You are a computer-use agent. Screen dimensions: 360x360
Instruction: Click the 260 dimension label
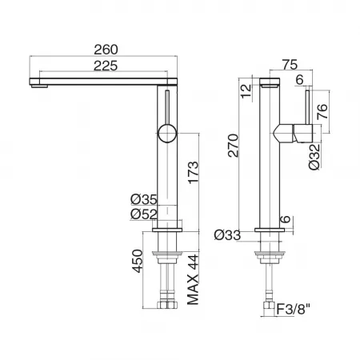pyautogui.click(x=106, y=50)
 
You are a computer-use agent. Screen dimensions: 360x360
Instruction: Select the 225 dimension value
pyautogui.click(x=106, y=66)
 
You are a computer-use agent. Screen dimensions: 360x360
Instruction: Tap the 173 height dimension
pyautogui.click(x=194, y=172)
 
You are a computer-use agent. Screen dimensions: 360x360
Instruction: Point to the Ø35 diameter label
pyautogui.click(x=144, y=199)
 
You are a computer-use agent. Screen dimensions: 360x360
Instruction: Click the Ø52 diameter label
pyautogui.click(x=144, y=214)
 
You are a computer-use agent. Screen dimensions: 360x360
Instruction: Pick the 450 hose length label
pyautogui.click(x=138, y=261)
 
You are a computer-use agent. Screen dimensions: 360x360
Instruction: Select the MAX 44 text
pyautogui.click(x=193, y=280)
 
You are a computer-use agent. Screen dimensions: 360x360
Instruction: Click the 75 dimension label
pyautogui.click(x=290, y=65)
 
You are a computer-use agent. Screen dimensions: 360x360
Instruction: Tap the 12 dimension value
pyautogui.click(x=246, y=91)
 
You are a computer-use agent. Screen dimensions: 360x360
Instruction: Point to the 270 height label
pyautogui.click(x=233, y=146)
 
